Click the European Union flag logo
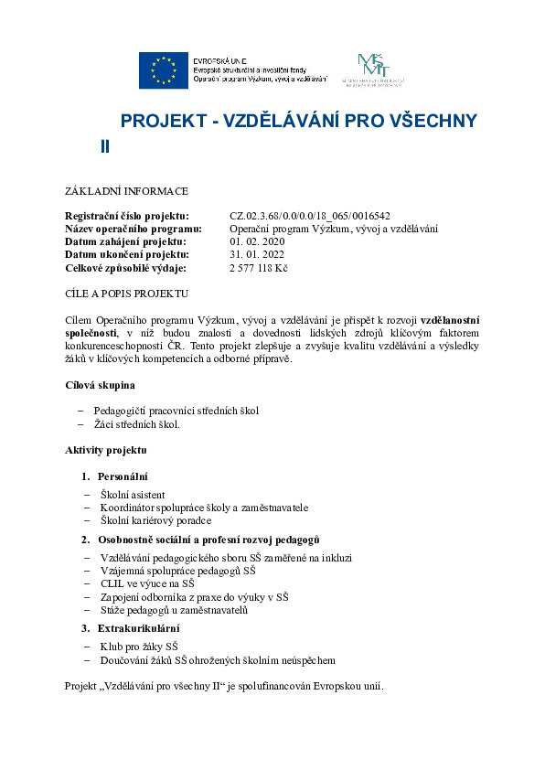(165, 70)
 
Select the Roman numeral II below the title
(105, 146)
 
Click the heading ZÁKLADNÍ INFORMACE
(126, 191)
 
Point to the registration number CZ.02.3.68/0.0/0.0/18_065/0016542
(310, 216)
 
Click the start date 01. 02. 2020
(258, 241)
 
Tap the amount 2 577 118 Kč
(259, 268)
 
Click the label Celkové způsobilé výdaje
(125, 268)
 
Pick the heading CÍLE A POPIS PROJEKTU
(126, 294)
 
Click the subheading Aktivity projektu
(105, 450)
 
